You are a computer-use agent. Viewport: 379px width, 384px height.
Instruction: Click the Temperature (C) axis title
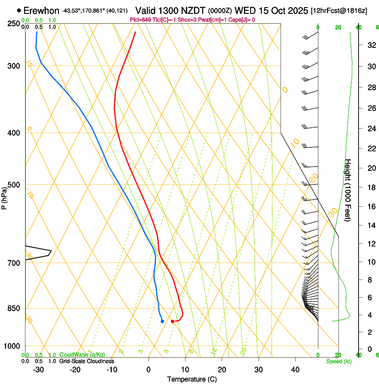pos(192,379)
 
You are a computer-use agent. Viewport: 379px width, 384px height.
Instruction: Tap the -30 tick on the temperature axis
pos(38,369)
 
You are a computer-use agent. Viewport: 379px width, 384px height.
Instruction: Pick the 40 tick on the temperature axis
pos(295,369)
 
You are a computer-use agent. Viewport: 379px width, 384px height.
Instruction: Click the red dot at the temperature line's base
pos(173,321)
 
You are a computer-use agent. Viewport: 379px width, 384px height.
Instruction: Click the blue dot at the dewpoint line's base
pos(162,321)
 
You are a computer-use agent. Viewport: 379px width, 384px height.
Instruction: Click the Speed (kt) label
pos(339,361)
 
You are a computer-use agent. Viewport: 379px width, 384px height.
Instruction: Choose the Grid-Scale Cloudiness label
pos(87,361)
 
